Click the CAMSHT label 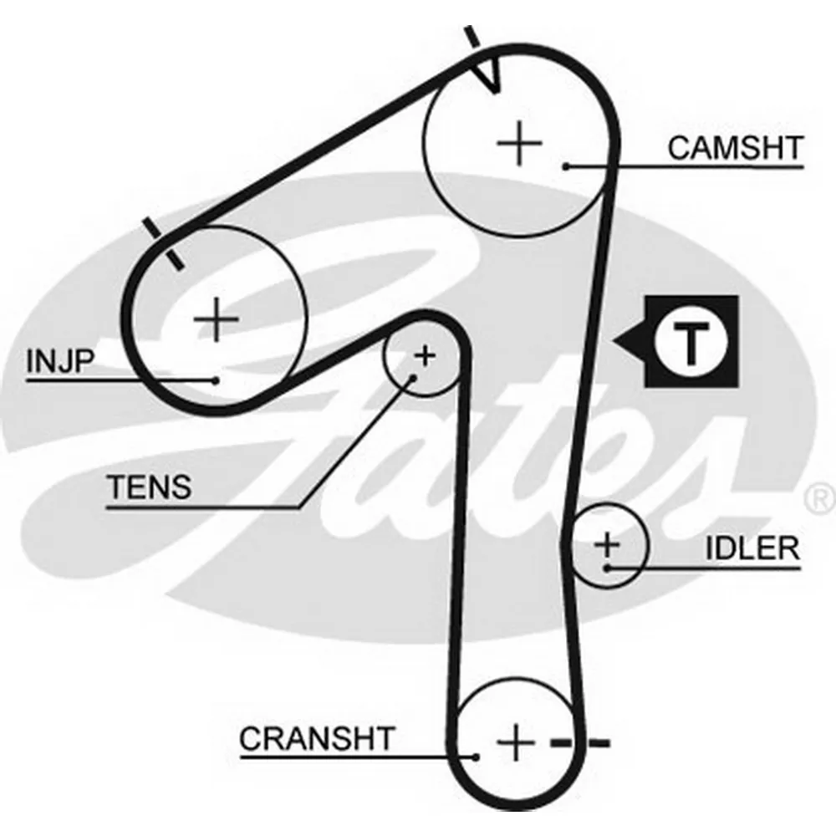coord(735,148)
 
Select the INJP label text coord(60,361)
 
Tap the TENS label coord(150,487)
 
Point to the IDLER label coord(752,548)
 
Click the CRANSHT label coord(317,738)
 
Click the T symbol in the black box coord(691,341)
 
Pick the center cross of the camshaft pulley coord(519,143)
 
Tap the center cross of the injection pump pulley coord(216,320)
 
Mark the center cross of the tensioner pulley coord(425,355)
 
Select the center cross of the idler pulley coord(607,545)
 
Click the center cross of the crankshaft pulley coord(515,742)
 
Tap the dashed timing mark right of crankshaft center coord(579,742)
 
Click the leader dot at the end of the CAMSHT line coord(566,167)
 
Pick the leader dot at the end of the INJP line coord(215,380)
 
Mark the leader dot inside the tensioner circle coord(412,378)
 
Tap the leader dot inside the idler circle coord(607,568)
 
